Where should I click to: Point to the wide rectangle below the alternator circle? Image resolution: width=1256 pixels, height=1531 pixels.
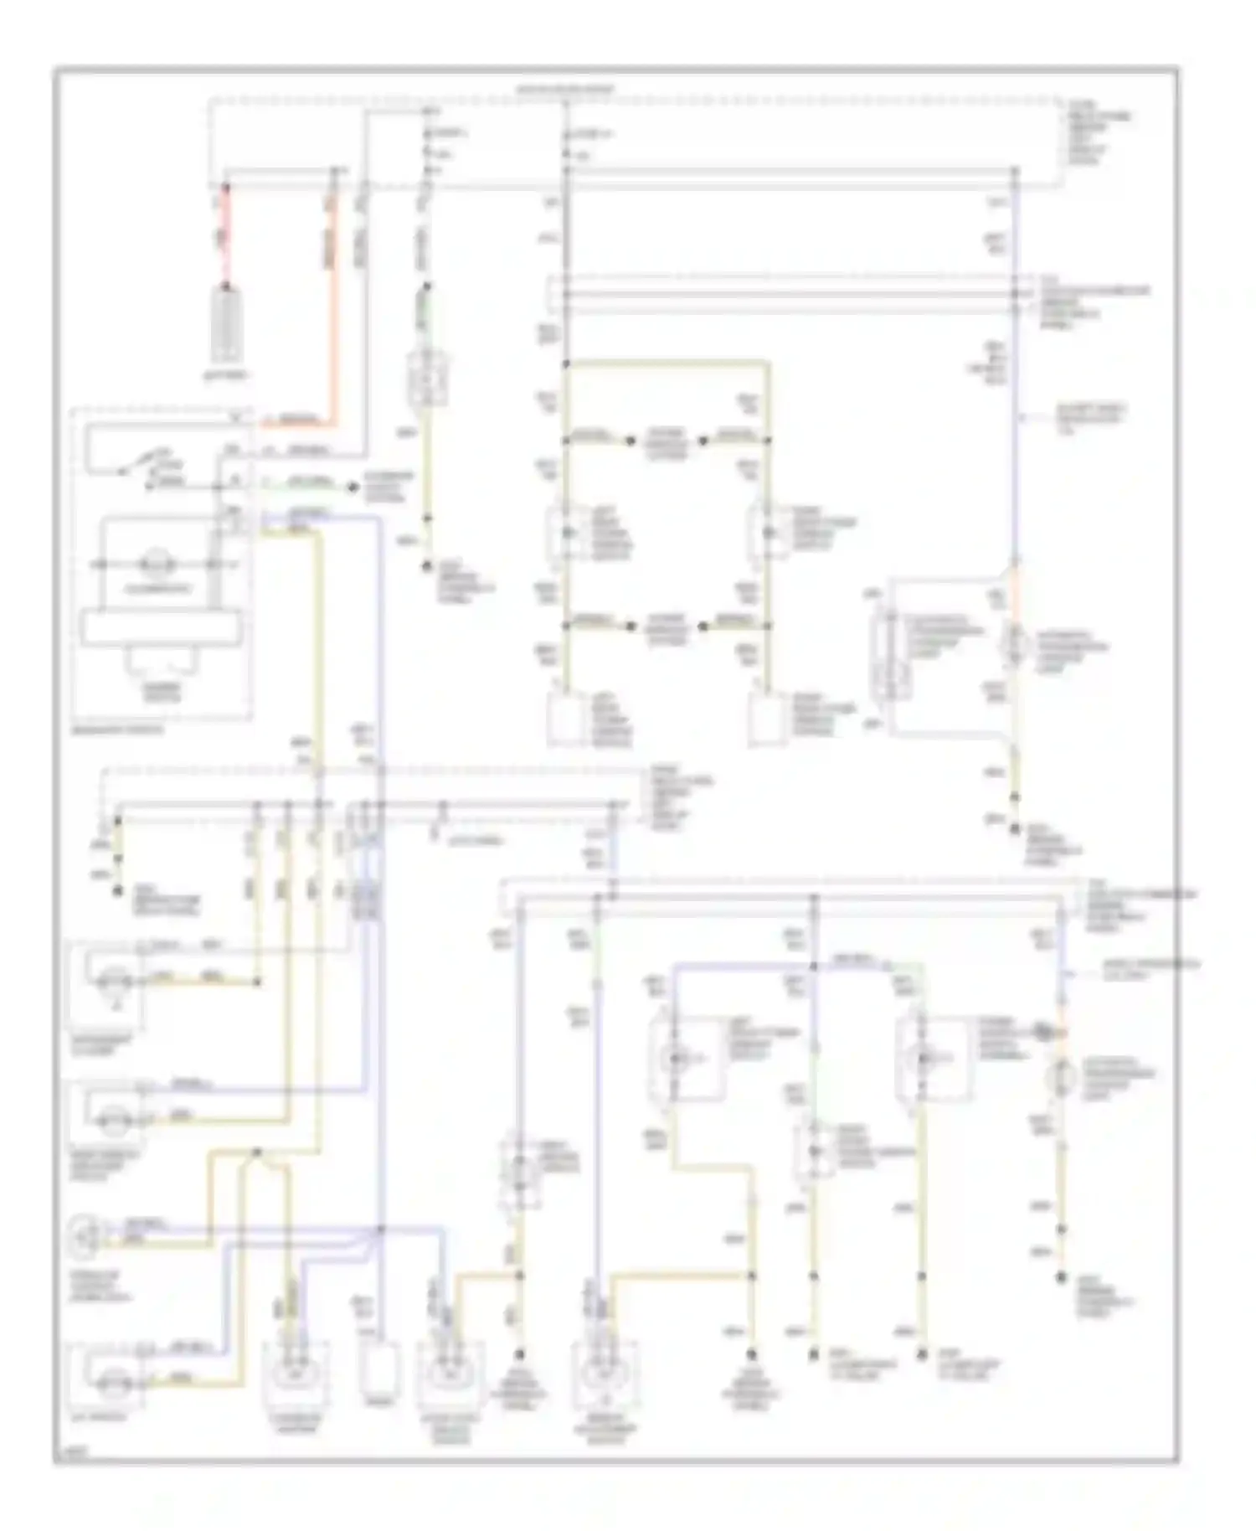pyautogui.click(x=161, y=628)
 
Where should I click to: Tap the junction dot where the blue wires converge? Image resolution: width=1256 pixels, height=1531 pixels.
pyautogui.click(x=378, y=1229)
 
